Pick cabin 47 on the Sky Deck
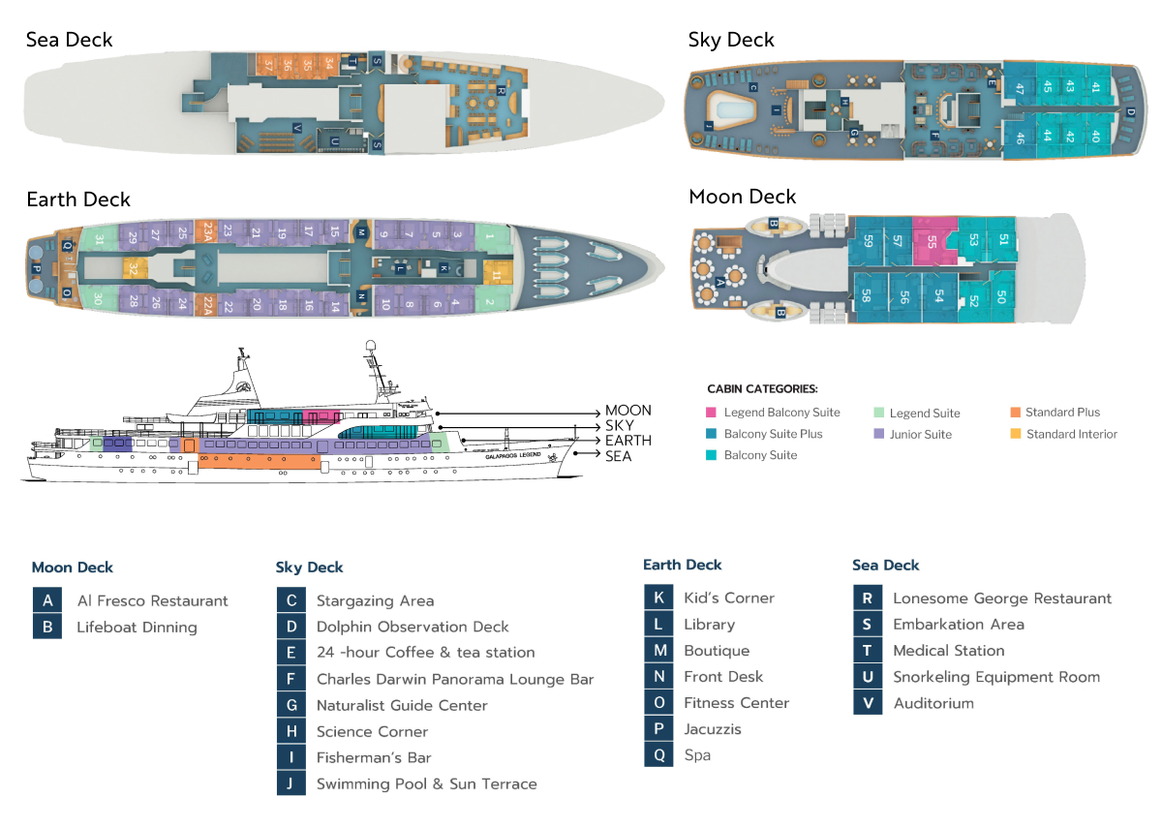[1020, 87]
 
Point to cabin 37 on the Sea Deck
[268, 66]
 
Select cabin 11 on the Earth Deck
[496, 275]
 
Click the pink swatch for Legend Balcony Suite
[713, 413]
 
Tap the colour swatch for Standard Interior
[1015, 435]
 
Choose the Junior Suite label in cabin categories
[920, 435]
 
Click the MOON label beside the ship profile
[627, 411]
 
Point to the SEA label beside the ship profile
[618, 456]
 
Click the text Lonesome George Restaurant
[1002, 598]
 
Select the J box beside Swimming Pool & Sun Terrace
[290, 783]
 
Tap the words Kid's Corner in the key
[728, 598]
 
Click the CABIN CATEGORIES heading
[762, 389]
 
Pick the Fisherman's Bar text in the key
[374, 757]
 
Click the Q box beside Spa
[658, 755]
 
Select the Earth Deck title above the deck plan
[78, 199]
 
